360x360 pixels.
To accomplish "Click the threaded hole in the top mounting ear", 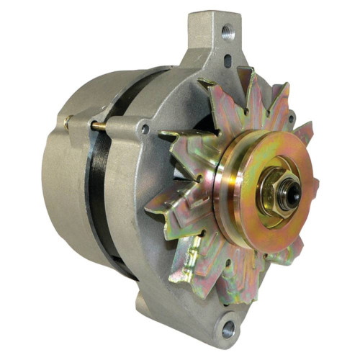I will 228,32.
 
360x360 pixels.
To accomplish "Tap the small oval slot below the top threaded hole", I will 228,60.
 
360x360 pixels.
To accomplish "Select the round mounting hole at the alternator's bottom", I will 228,328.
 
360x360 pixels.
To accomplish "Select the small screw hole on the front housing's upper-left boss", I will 145,130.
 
